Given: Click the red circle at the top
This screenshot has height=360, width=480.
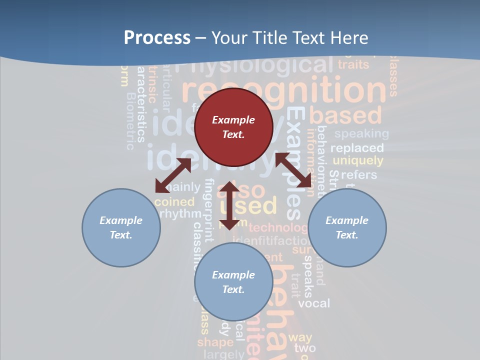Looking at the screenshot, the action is coord(233,127).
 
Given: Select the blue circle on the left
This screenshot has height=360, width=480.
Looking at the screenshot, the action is coord(121,227).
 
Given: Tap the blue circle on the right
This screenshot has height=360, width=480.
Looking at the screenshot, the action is coord(347,227).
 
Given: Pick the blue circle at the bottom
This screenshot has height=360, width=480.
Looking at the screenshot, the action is coord(233,282).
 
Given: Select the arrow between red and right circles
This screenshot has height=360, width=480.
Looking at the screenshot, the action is coord(294,170).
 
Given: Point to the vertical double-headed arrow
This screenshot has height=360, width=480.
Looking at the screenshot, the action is coord(229,205).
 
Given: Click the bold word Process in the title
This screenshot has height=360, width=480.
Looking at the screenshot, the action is coord(157,37).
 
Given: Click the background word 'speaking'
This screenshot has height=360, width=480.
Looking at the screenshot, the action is coord(361,133).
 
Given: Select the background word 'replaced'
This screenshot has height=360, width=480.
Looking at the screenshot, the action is coord(357,148).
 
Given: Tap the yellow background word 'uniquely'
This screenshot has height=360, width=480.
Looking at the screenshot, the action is coord(358,161).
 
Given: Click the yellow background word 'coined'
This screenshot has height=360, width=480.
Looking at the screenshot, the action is coord(174,202).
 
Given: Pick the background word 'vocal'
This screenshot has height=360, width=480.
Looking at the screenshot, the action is coord(314,303).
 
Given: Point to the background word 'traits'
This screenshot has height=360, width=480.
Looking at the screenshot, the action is coord(353,64).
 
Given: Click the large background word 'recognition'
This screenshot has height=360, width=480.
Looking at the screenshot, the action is coord(284,90).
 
